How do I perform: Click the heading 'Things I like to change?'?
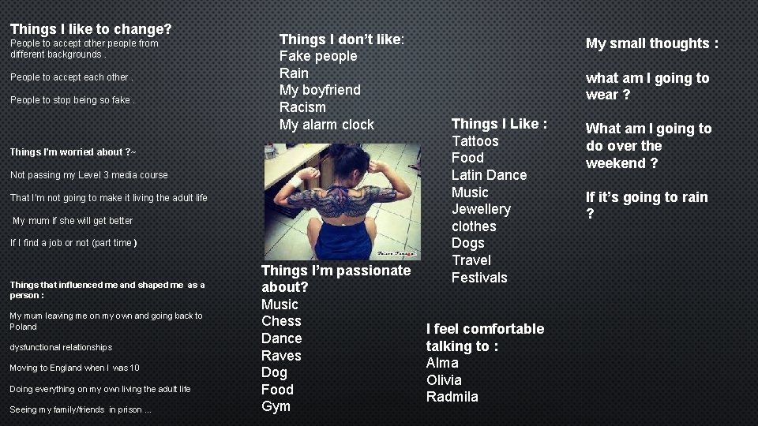pyautogui.click(x=91, y=29)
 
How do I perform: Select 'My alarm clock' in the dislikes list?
pyautogui.click(x=326, y=124)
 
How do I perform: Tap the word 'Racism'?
pyautogui.click(x=302, y=106)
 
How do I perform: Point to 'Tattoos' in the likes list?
pyautogui.click(x=475, y=141)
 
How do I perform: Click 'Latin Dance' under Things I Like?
pyautogui.click(x=489, y=175)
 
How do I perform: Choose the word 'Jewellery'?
pyautogui.click(x=481, y=209)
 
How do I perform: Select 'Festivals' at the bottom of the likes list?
pyautogui.click(x=479, y=278)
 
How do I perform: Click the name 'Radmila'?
pyautogui.click(x=452, y=397)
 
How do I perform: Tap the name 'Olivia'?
pyautogui.click(x=444, y=379)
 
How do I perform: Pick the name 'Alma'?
pyautogui.click(x=442, y=363)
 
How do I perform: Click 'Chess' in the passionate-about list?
pyautogui.click(x=281, y=321)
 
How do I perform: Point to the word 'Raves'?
pyautogui.click(x=281, y=355)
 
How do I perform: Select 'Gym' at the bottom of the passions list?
pyautogui.click(x=276, y=406)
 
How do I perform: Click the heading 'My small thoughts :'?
pyautogui.click(x=651, y=43)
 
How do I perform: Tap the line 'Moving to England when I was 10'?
pyautogui.click(x=74, y=368)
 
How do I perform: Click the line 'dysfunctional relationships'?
pyautogui.click(x=61, y=347)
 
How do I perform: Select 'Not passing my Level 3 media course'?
pyautogui.click(x=88, y=175)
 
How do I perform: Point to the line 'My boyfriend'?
pyautogui.click(x=319, y=90)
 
